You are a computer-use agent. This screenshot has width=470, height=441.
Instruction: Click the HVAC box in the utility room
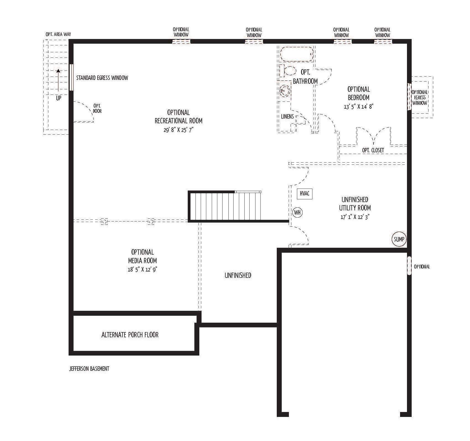click(x=305, y=194)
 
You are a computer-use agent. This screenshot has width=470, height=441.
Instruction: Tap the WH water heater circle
click(x=297, y=212)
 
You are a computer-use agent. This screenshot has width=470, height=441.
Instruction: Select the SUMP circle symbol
click(x=399, y=239)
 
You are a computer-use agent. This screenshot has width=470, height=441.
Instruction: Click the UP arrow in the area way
click(x=58, y=80)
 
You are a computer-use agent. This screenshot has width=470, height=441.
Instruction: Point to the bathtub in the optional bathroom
click(x=296, y=54)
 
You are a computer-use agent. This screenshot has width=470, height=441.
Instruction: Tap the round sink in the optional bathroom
click(x=284, y=91)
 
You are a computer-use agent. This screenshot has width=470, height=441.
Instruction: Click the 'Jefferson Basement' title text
click(x=89, y=369)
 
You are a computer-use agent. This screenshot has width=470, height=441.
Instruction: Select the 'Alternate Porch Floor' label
click(x=130, y=335)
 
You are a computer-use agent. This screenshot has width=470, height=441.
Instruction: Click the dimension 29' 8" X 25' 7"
click(x=178, y=130)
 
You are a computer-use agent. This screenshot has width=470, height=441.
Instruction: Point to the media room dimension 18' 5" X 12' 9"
click(x=142, y=269)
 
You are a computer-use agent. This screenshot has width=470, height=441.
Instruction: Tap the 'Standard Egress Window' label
click(x=102, y=78)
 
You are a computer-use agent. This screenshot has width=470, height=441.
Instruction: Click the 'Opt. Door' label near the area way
click(x=97, y=108)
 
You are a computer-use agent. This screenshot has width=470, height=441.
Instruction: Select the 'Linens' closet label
click(x=287, y=116)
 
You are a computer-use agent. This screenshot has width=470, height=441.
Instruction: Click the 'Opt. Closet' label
click(x=373, y=150)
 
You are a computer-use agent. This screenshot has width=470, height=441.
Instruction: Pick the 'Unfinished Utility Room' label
click(x=355, y=204)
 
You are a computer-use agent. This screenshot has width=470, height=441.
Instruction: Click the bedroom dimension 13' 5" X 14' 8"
click(x=359, y=106)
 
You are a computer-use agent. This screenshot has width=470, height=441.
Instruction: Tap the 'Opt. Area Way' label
click(x=58, y=34)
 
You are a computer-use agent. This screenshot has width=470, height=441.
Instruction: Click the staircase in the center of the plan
click(x=224, y=206)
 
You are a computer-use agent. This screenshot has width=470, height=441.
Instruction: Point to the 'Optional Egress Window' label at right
click(x=420, y=97)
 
